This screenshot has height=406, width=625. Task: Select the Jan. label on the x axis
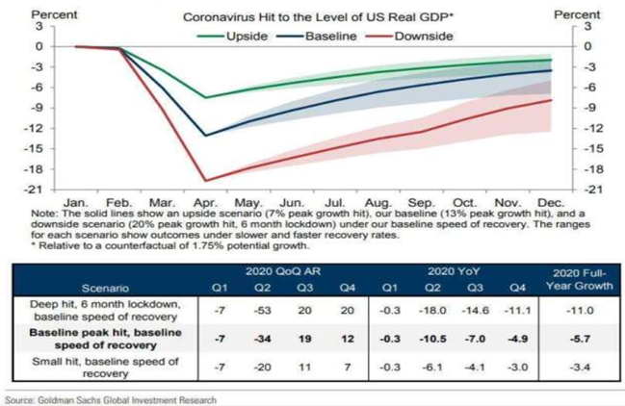tap(75, 204)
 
